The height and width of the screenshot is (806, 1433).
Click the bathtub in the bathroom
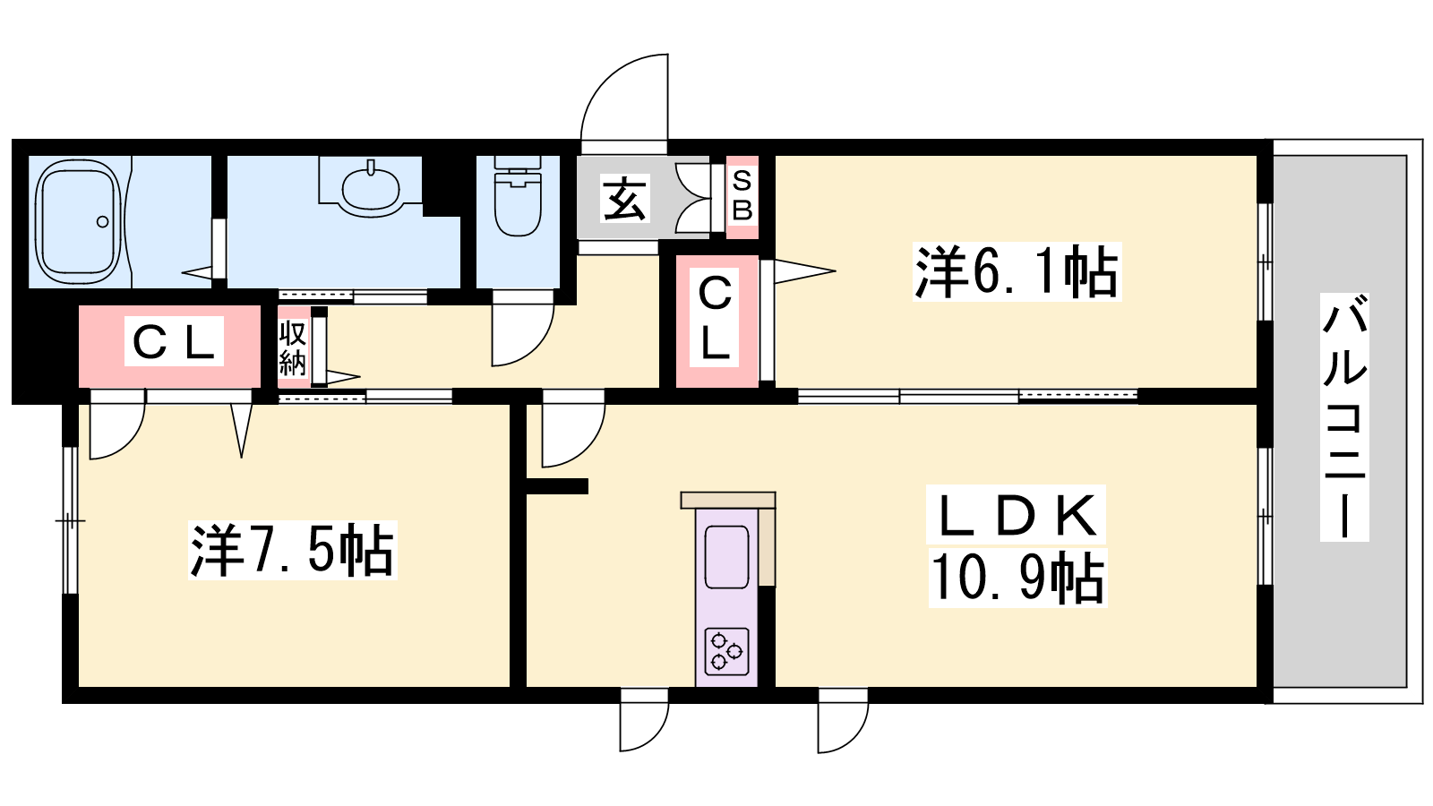pyautogui.click(x=78, y=222)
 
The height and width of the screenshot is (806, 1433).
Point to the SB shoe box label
pyautogui.click(x=742, y=195)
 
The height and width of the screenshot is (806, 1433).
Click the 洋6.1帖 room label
pyautogui.click(x=1017, y=271)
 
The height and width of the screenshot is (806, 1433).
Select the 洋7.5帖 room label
pyautogui.click(x=292, y=550)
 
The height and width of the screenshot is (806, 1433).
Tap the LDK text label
pyautogui.click(x=1016, y=516)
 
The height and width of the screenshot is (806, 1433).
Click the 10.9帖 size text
pyautogui.click(x=1017, y=579)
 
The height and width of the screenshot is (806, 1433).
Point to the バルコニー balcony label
pyautogui.click(x=1344, y=417)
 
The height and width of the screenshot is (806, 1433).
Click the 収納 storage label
pyautogui.click(x=292, y=347)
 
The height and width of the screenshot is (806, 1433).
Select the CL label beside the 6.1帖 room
pyautogui.click(x=715, y=318)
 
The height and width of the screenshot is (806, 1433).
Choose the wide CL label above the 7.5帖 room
pyautogui.click(x=174, y=341)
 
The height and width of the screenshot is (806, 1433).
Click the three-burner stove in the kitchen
pyautogui.click(x=726, y=651)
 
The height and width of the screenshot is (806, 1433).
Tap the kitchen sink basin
pyautogui.click(x=726, y=557)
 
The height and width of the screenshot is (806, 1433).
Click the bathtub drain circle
pyautogui.click(x=102, y=222)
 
